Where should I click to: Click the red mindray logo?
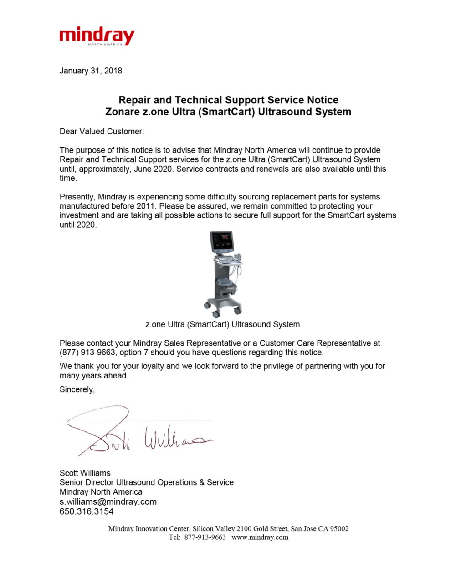point(97,36)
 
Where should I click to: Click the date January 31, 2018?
point(91,71)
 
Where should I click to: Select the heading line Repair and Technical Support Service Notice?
point(228,100)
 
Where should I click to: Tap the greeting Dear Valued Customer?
point(102,132)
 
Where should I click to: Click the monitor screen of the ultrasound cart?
point(222,241)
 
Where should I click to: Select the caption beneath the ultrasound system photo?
point(222,324)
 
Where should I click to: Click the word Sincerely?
point(77,389)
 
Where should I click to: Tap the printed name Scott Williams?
point(85,473)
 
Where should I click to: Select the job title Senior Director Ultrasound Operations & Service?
point(146,482)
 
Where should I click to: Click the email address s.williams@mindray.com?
point(108,501)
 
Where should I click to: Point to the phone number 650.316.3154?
point(87,511)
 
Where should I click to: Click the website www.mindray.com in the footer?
point(260,537)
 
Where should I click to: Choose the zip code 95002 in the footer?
point(339,529)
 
